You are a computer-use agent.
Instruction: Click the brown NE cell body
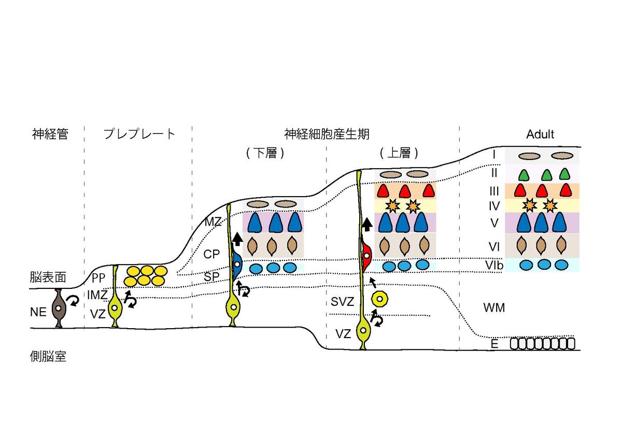pyautogui.click(x=58, y=309)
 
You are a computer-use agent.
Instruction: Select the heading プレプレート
pyautogui.click(x=139, y=134)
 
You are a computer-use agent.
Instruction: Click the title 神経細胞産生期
pyautogui.click(x=327, y=134)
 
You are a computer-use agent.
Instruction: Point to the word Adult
pyautogui.click(x=540, y=135)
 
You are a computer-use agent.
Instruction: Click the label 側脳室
pyautogui.click(x=48, y=357)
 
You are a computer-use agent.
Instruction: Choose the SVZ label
pyautogui.click(x=342, y=301)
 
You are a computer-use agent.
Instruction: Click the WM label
pyautogui.click(x=493, y=308)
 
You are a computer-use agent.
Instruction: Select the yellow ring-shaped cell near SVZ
pyautogui.click(x=381, y=299)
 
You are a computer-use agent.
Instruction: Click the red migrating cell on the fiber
pyautogui.click(x=366, y=255)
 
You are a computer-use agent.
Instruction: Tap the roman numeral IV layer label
pyautogui.click(x=493, y=207)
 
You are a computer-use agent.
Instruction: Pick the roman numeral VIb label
pyautogui.click(x=493, y=265)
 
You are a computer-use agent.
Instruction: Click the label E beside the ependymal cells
pyautogui.click(x=494, y=343)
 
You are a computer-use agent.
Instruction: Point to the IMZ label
pyautogui.click(x=97, y=296)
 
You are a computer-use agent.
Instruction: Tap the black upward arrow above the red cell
pyautogui.click(x=366, y=224)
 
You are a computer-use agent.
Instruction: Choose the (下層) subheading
pyautogui.click(x=265, y=154)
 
